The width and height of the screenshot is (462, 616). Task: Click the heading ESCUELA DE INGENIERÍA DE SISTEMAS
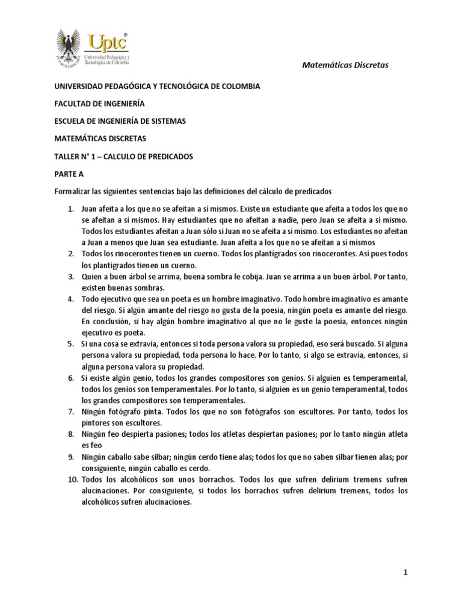pos(120,121)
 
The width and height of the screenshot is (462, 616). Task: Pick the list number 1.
pos(70,209)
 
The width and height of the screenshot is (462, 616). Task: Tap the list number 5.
pos(70,344)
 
